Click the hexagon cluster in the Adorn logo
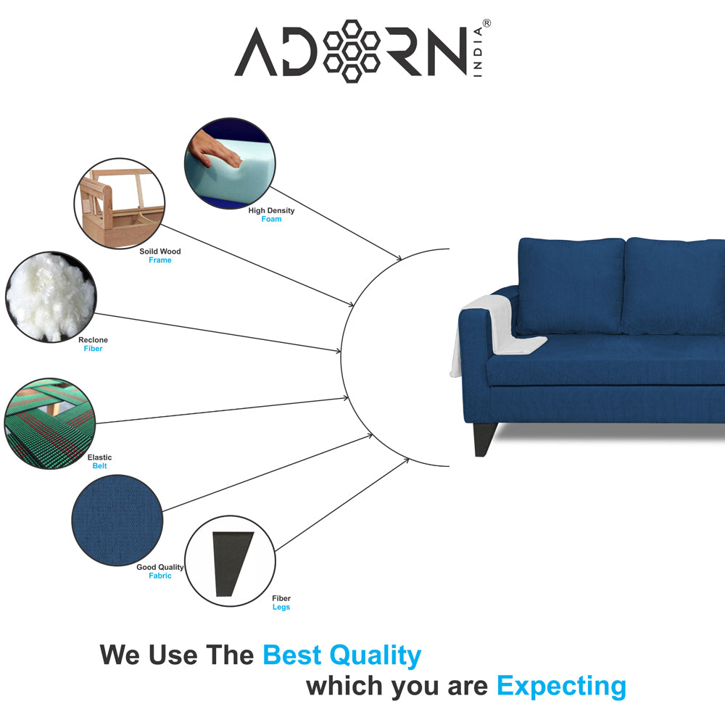pyautogui.click(x=352, y=51)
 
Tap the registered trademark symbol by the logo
pyautogui.click(x=486, y=23)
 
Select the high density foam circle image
pyautogui.click(x=230, y=163)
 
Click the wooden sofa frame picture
pyautogui.click(x=120, y=204)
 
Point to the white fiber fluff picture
pyautogui.click(x=51, y=297)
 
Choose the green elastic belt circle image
pyautogui.click(x=49, y=423)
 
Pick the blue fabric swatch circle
pyautogui.click(x=117, y=520)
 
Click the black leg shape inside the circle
pyautogui.click(x=232, y=563)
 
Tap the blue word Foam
pyautogui.click(x=271, y=219)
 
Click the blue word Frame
pyautogui.click(x=160, y=260)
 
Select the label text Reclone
pyautogui.click(x=93, y=340)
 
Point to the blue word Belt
pyautogui.click(x=99, y=466)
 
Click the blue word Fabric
pyautogui.click(x=160, y=576)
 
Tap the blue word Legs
pyautogui.click(x=281, y=607)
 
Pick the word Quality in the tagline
pyautogui.click(x=375, y=656)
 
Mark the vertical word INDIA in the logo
pyautogui.click(x=478, y=51)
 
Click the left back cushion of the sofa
pyautogui.click(x=571, y=286)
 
